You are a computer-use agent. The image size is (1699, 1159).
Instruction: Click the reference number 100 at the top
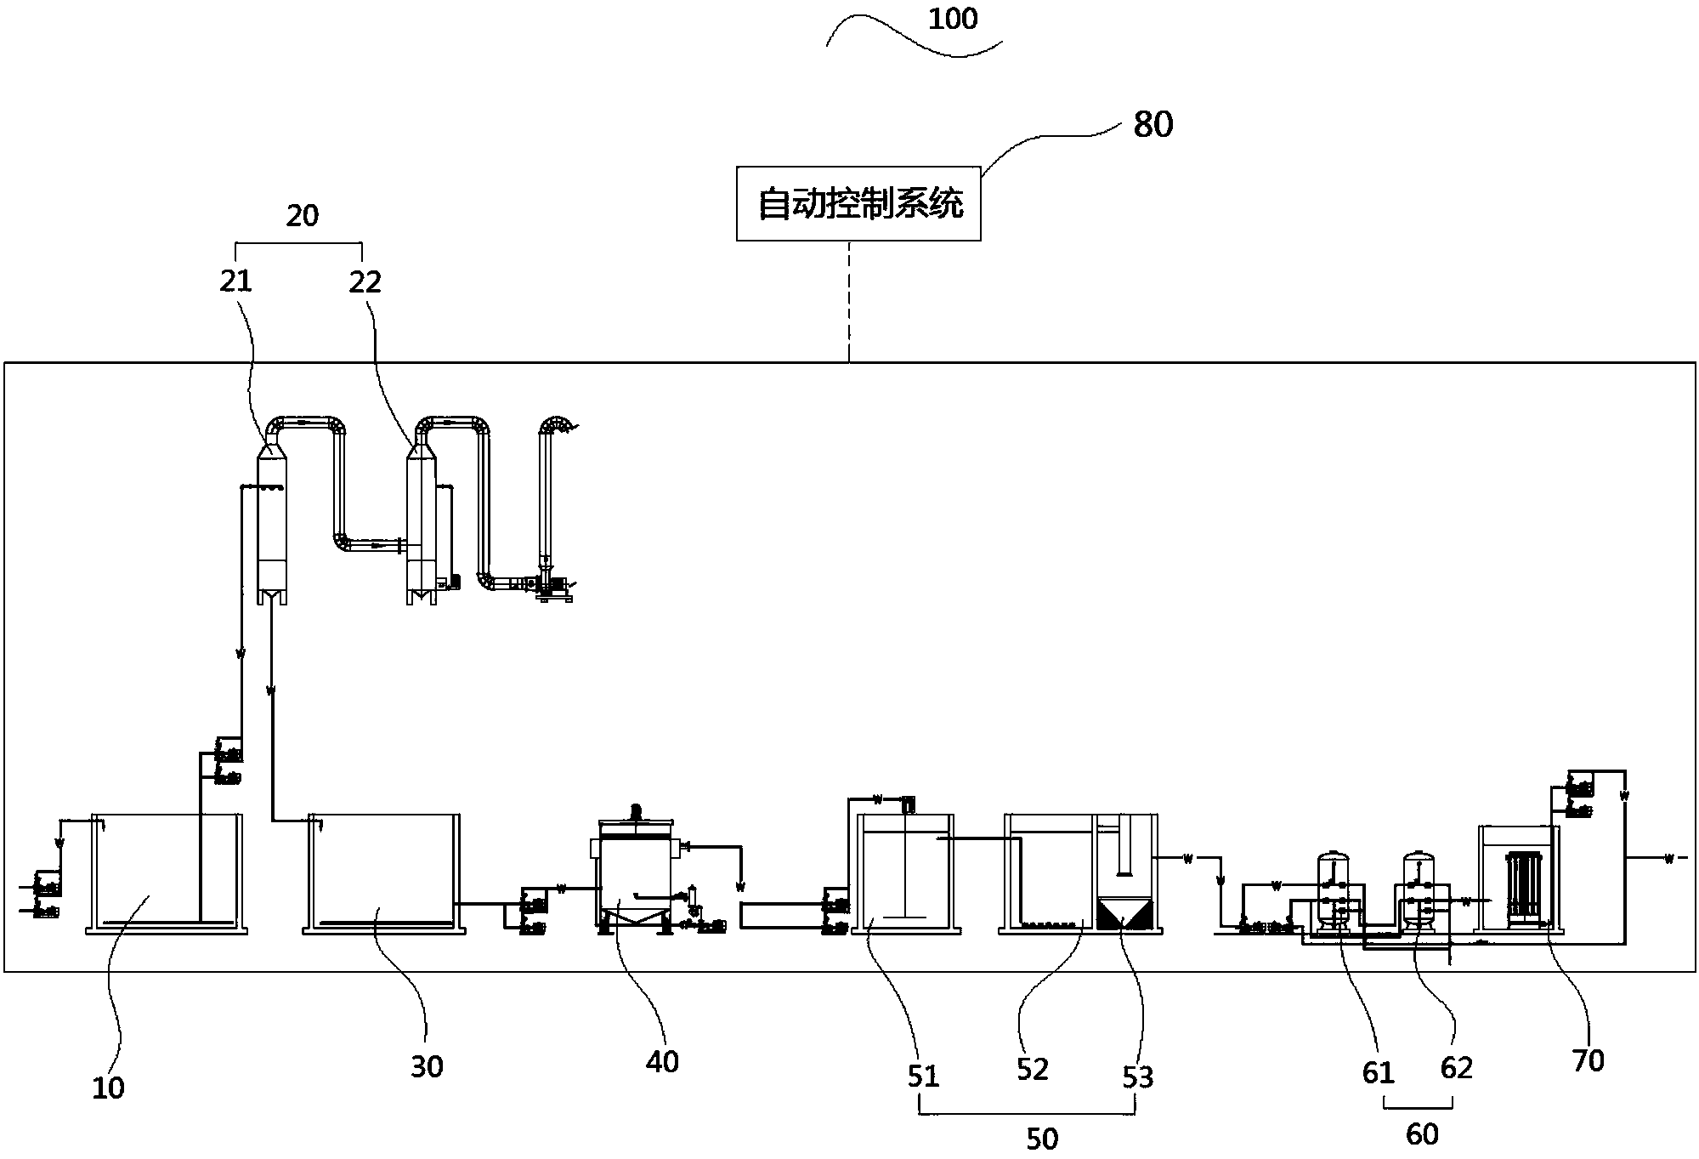(953, 19)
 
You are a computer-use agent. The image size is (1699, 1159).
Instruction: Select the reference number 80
(1152, 125)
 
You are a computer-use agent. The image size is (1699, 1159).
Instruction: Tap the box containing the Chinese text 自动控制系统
(858, 204)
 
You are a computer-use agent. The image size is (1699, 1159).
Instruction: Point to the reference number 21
(236, 281)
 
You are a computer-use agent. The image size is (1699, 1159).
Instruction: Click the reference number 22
(365, 281)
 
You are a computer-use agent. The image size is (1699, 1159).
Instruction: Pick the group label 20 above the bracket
(302, 216)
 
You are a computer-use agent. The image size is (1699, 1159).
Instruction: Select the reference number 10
(108, 1088)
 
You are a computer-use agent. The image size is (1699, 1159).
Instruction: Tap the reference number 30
(427, 1066)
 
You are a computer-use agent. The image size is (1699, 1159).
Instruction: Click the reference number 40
(662, 1061)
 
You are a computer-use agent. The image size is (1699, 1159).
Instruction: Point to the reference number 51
(923, 1077)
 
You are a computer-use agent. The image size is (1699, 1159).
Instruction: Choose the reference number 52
(1033, 1069)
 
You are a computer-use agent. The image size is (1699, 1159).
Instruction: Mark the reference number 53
(1138, 1077)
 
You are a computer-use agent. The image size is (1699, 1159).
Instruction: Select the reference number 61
(1379, 1073)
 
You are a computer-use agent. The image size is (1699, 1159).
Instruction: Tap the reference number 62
(1456, 1068)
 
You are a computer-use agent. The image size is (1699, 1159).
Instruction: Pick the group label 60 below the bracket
(1422, 1134)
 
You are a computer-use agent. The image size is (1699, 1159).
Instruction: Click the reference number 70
(1588, 1060)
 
